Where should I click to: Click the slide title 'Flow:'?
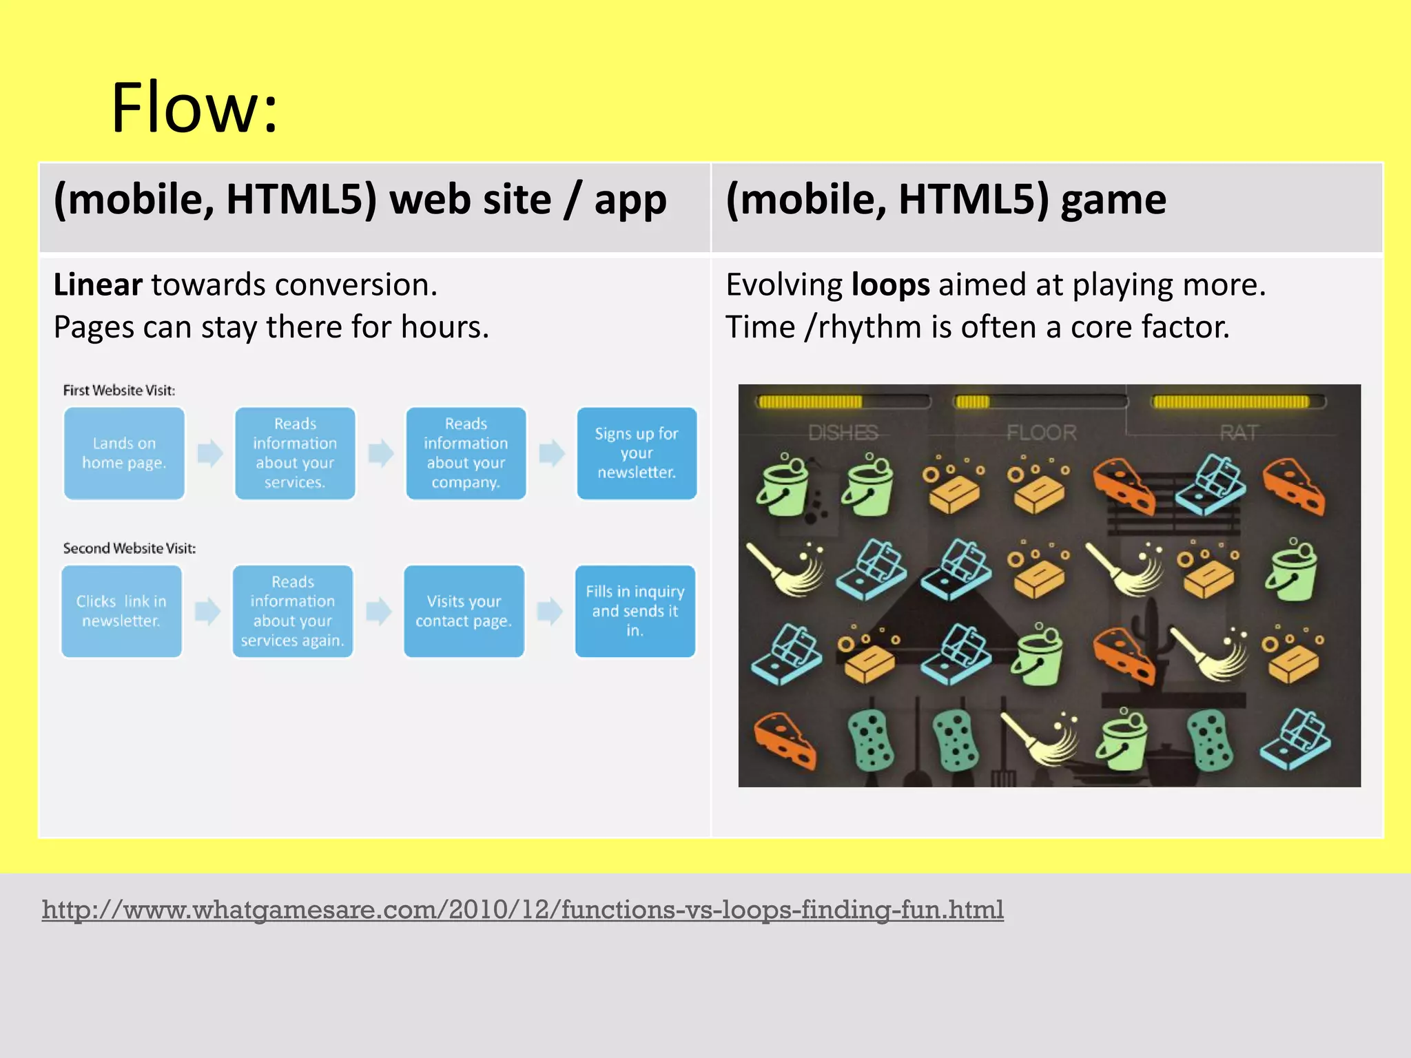pos(194,108)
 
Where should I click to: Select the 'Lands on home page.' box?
pos(124,453)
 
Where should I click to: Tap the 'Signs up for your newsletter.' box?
pos(637,453)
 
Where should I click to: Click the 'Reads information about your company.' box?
pos(466,453)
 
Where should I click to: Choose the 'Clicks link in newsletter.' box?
pos(121,611)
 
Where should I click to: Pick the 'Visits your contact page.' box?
pos(464,611)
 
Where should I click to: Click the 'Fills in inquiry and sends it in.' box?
pos(635,611)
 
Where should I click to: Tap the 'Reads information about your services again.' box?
pos(293,611)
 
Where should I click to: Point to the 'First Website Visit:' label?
pos(119,391)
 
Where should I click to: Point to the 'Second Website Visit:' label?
pos(130,548)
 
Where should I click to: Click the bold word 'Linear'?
pos(98,285)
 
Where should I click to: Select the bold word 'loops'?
pos(891,285)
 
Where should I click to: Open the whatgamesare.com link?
pos(522,910)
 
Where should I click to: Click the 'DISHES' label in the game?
pos(843,433)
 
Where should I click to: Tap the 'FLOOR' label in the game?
pos(1041,433)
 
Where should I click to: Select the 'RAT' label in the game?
pos(1239,433)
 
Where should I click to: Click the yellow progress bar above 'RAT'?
pos(1230,402)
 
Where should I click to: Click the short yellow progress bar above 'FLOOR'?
pos(973,402)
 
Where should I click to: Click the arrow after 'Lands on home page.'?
pos(210,453)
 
